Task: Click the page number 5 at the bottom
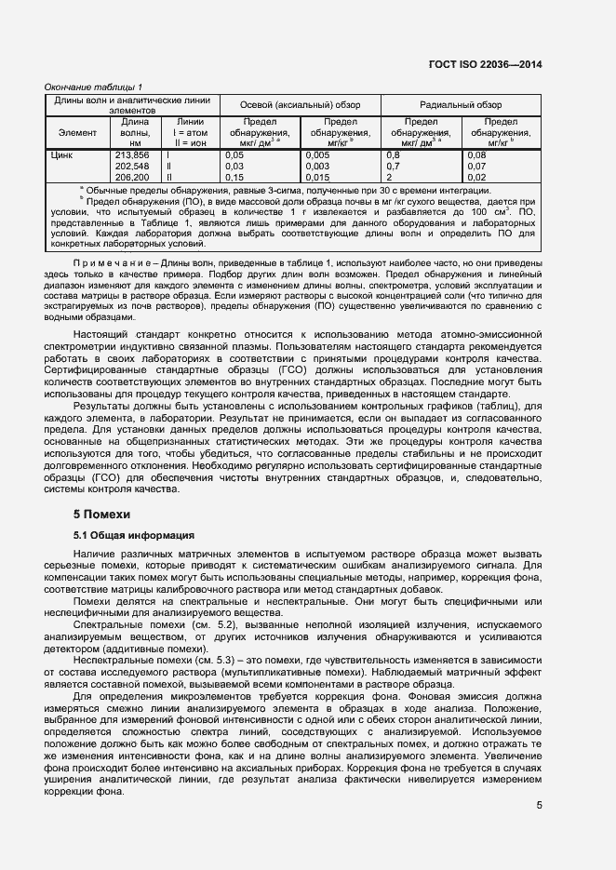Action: coord(539,806)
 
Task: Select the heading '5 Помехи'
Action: coord(102,514)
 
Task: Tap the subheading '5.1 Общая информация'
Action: coord(134,536)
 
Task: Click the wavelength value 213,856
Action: coord(131,155)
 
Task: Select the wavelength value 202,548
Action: coord(131,166)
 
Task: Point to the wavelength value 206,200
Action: coord(131,177)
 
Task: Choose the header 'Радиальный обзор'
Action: coord(461,105)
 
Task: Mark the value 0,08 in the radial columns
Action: coord(476,155)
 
